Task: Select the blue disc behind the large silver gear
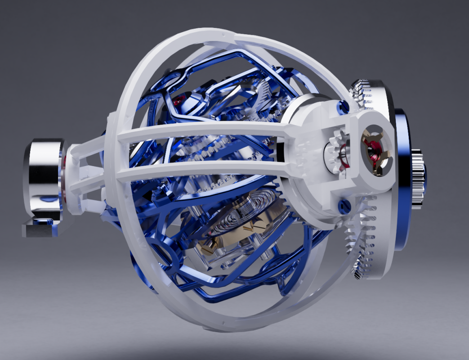(402, 180)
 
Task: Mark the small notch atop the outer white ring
(222, 34)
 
